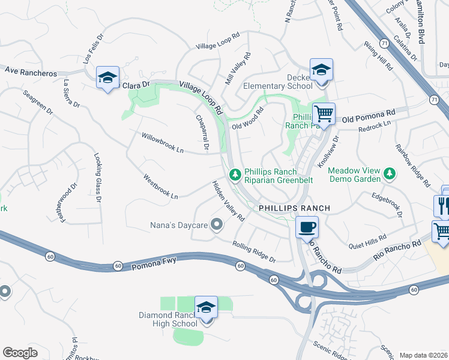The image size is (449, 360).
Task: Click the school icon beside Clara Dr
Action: (107, 77)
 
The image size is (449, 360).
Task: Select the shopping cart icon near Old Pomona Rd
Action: (324, 113)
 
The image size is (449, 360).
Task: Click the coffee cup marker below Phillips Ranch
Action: (307, 227)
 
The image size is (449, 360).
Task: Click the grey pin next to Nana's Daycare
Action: (217, 226)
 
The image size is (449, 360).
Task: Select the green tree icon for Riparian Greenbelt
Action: (235, 175)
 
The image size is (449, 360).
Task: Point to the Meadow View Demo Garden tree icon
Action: (390, 174)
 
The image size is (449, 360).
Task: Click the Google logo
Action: (20, 353)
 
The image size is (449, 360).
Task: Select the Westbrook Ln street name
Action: (160, 187)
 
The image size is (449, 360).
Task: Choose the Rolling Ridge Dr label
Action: (254, 251)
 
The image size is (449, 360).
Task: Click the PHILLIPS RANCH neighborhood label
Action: (294, 208)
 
